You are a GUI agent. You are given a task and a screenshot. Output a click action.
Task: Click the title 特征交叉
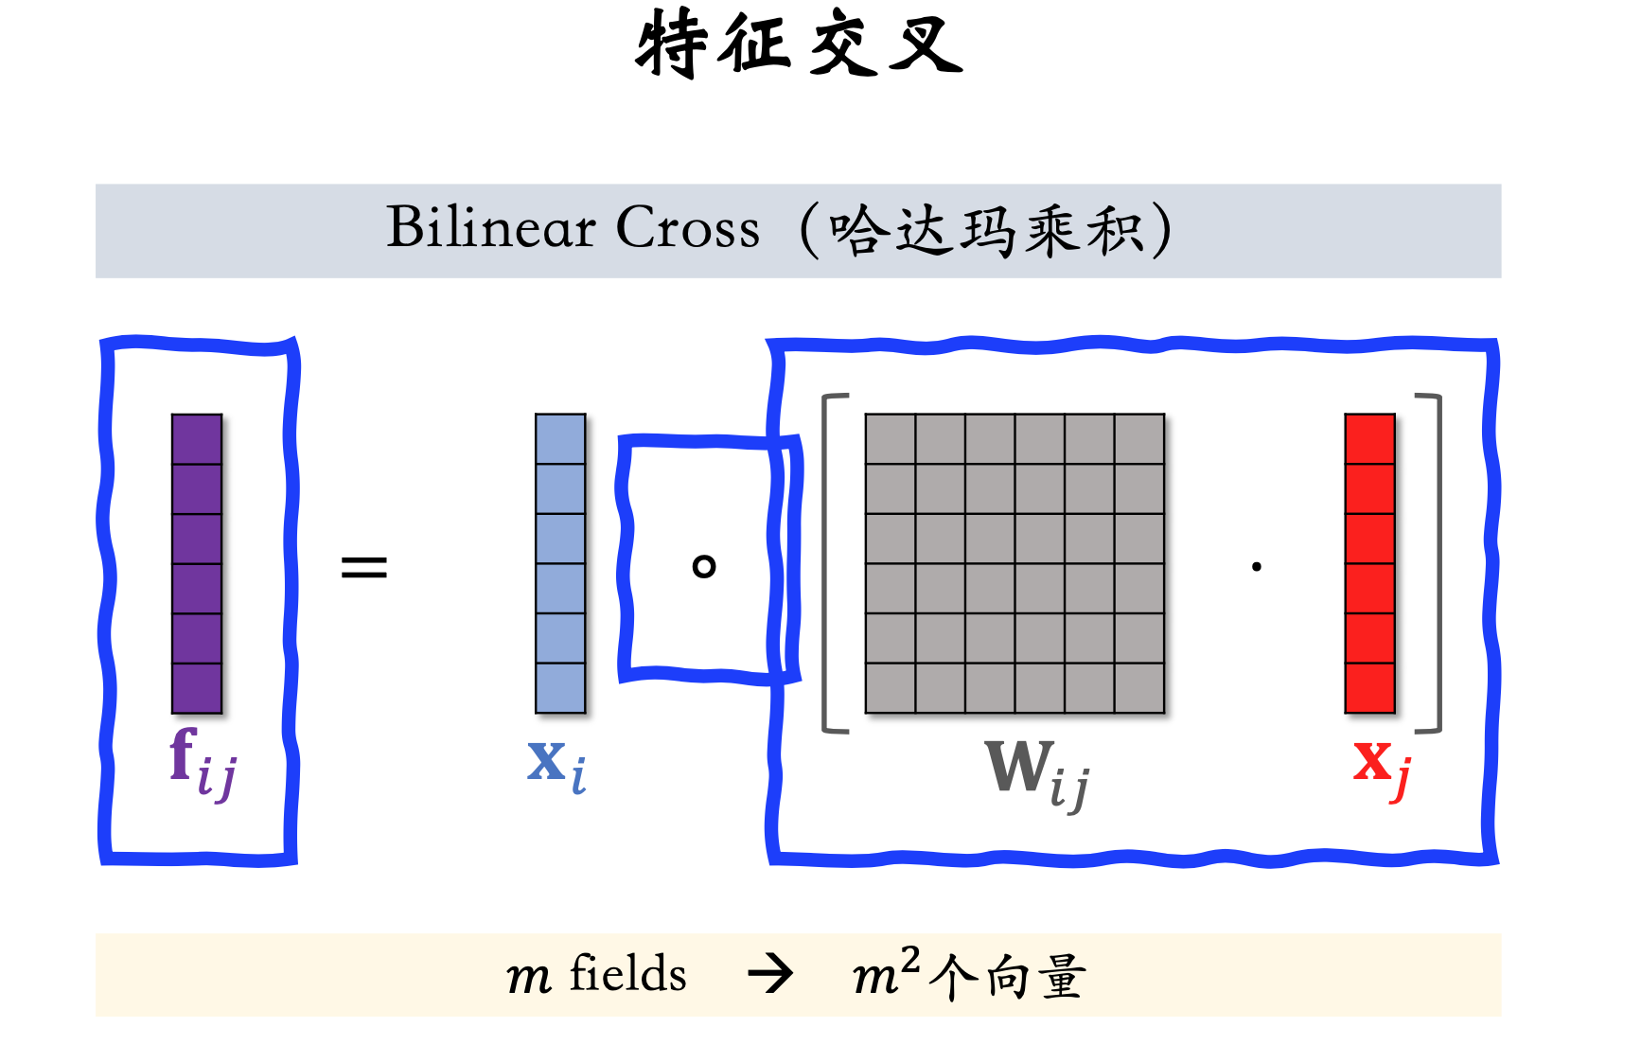pyautogui.click(x=800, y=44)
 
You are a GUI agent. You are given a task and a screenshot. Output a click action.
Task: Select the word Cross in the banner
pyautogui.click(x=688, y=228)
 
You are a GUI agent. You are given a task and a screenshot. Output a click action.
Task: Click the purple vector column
pyautogui.click(x=197, y=563)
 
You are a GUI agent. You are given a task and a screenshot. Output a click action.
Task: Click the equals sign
pyautogui.click(x=364, y=567)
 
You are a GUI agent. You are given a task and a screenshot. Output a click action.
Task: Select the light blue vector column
pyautogui.click(x=560, y=563)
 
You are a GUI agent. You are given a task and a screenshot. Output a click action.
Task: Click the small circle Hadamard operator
pyautogui.click(x=704, y=566)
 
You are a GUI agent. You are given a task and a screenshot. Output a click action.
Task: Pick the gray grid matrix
pyautogui.click(x=1015, y=563)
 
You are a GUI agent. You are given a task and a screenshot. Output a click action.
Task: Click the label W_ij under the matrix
pyautogui.click(x=1037, y=772)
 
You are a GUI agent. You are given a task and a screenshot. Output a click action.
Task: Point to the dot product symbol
pyautogui.click(x=1257, y=567)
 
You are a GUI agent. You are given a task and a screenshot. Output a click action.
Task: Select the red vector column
pyautogui.click(x=1370, y=563)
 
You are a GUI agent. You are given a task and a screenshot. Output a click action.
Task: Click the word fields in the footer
pyautogui.click(x=627, y=974)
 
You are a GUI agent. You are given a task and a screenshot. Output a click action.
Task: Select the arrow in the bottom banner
pyautogui.click(x=770, y=975)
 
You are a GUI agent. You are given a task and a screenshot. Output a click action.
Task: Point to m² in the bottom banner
pyautogui.click(x=886, y=972)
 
